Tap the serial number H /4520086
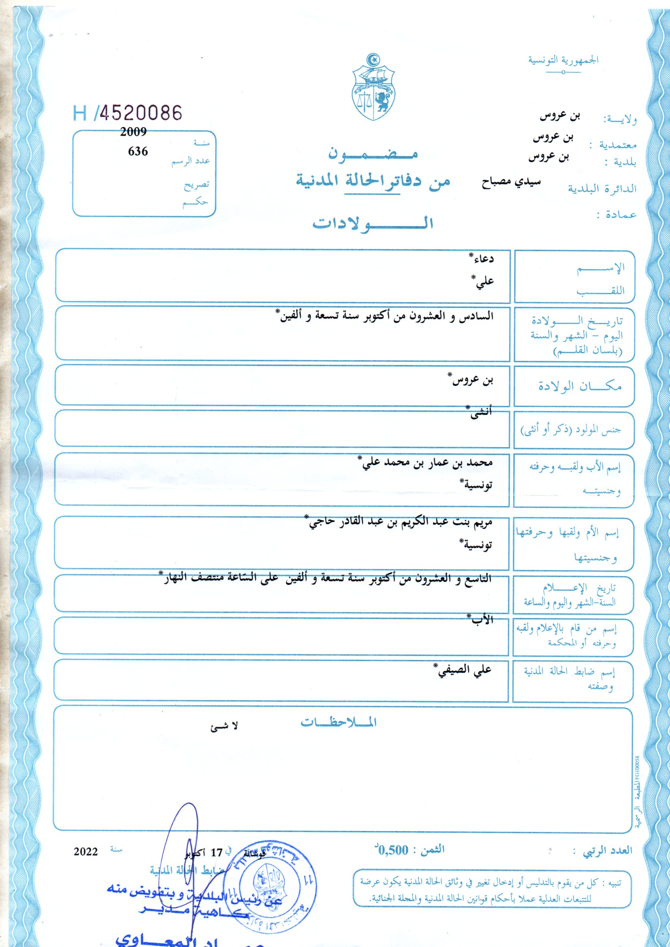pyautogui.click(x=127, y=113)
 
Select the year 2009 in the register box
pyautogui.click(x=133, y=132)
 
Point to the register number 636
pyautogui.click(x=138, y=151)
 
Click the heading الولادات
pyautogui.click(x=372, y=223)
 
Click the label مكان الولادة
pyautogui.click(x=580, y=386)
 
